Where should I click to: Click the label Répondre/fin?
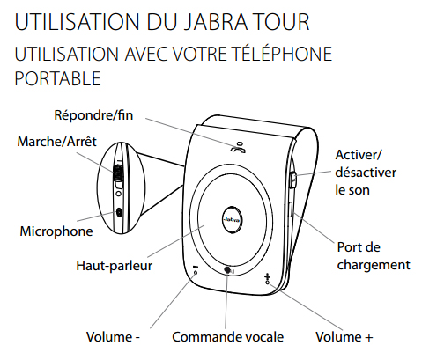(x=93, y=115)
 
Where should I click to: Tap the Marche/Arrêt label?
(x=56, y=142)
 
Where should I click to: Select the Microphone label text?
(x=56, y=231)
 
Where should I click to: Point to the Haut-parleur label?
(x=115, y=266)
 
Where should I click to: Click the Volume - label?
(x=113, y=337)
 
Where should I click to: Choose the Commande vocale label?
(x=228, y=337)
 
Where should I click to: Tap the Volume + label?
(x=344, y=337)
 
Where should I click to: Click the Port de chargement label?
(x=374, y=256)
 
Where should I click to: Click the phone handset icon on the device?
(x=237, y=147)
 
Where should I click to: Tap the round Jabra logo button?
(x=233, y=220)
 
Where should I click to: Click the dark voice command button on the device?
(x=227, y=270)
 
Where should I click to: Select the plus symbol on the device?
(x=267, y=276)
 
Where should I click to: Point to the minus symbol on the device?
(x=196, y=268)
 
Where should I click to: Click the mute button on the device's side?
(x=293, y=180)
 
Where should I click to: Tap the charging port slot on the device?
(x=290, y=209)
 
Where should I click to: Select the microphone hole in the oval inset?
(x=119, y=212)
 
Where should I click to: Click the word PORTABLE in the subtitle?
(x=57, y=78)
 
